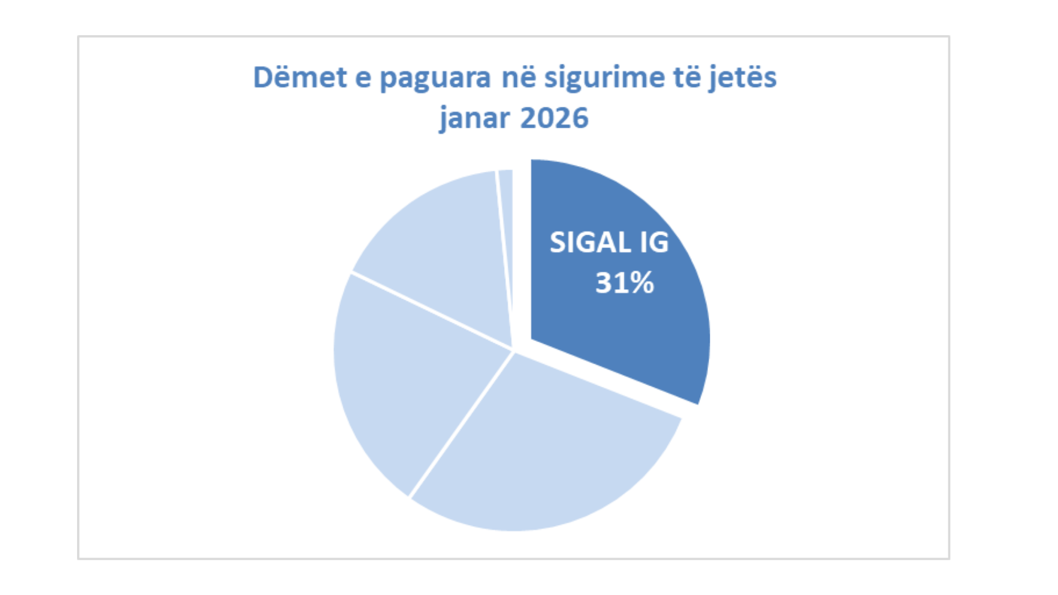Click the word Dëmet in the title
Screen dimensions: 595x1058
click(x=300, y=77)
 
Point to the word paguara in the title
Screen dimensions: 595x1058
click(x=435, y=78)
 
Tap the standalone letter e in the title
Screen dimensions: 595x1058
click(x=363, y=78)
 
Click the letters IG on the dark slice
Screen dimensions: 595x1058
click(x=654, y=242)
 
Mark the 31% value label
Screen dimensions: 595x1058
click(x=624, y=283)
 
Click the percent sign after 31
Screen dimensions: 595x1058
click(x=640, y=283)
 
